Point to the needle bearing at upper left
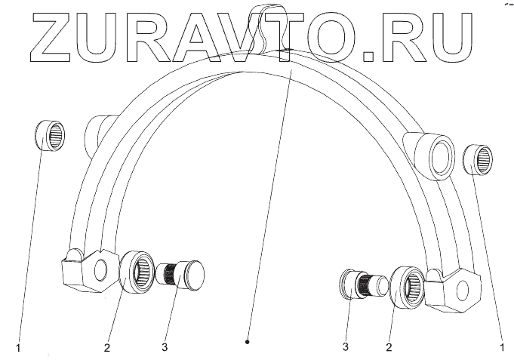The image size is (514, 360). click(x=50, y=137)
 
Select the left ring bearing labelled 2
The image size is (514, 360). click(x=137, y=268)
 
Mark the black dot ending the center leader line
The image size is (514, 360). click(x=248, y=341)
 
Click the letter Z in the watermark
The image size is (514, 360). click(x=51, y=37)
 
